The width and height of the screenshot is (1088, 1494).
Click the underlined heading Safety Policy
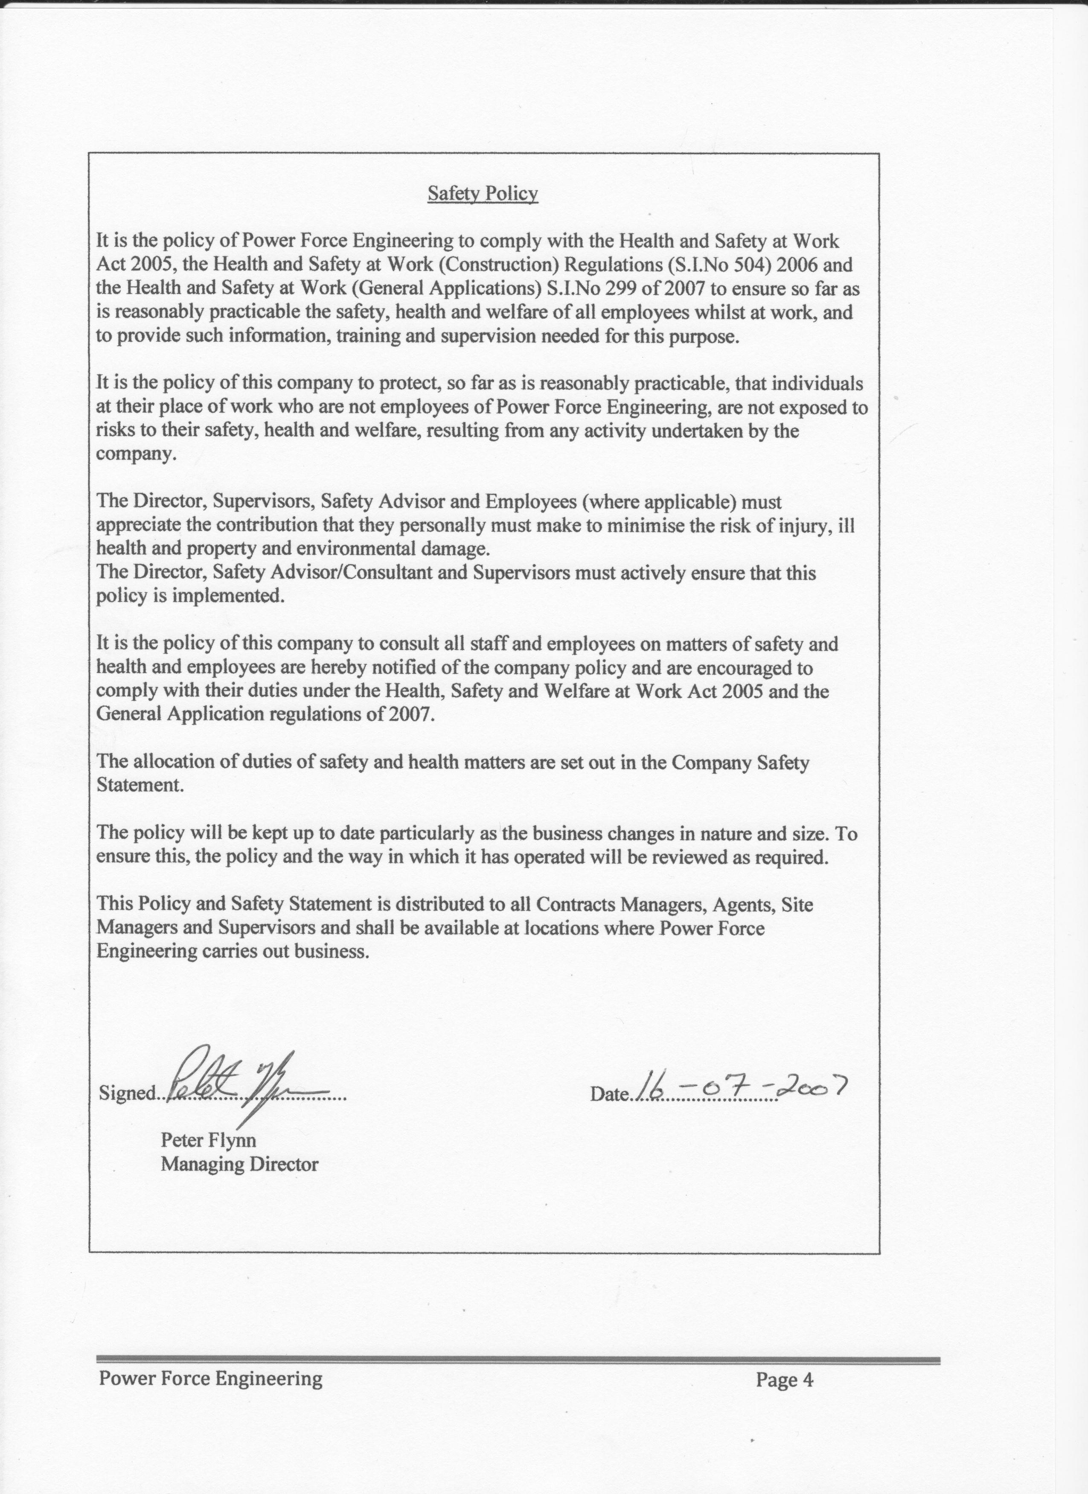pos(482,194)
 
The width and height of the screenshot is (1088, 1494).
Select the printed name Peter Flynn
pos(208,1140)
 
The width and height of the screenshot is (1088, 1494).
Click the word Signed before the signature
pos(126,1093)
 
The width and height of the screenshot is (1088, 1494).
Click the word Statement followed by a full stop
pos(139,785)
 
